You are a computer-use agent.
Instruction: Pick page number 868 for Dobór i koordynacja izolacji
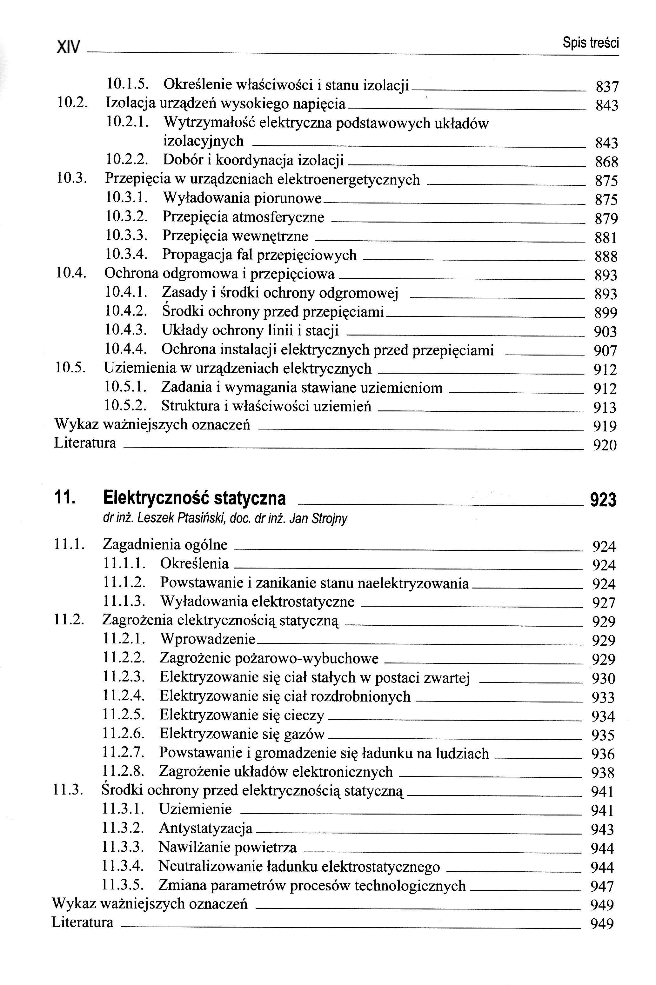tap(606, 162)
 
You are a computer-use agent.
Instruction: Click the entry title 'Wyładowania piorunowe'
tap(242, 198)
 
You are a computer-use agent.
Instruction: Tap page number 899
tap(606, 313)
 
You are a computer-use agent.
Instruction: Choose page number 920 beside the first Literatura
tap(605, 445)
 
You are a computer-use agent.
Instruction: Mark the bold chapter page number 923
tap(603, 500)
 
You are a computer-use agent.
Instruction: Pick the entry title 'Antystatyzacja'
tap(205, 828)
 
